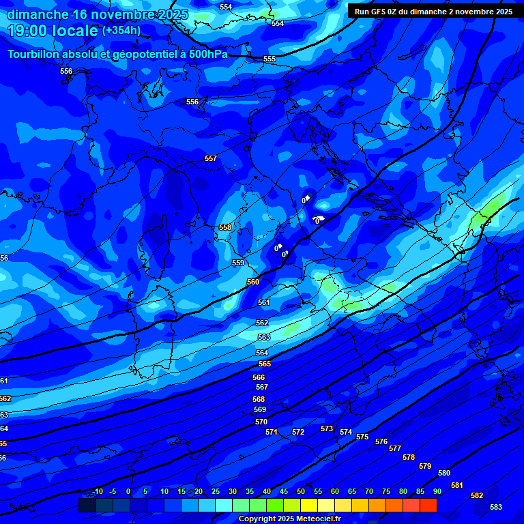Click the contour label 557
(211, 159)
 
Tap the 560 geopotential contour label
(253, 282)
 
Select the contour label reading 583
(496, 507)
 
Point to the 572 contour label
(298, 432)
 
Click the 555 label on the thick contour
(270, 59)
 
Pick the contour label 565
(265, 364)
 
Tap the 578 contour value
(409, 457)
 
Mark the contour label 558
(225, 227)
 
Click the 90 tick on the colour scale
(437, 491)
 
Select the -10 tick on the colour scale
(98, 491)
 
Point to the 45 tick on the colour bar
(284, 491)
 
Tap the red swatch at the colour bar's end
(428, 505)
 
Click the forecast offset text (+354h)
(121, 30)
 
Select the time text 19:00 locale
(53, 31)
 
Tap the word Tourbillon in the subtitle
(33, 55)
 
